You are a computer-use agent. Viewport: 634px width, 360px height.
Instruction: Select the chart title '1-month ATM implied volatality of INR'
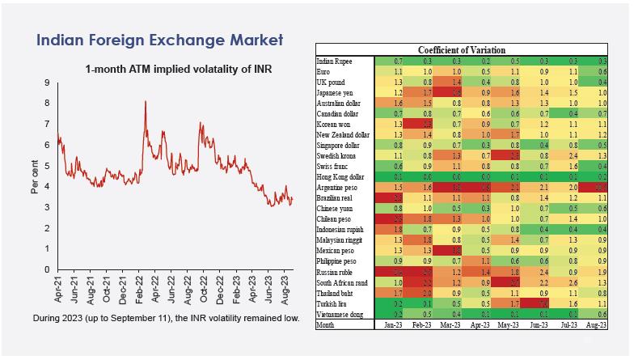click(177, 70)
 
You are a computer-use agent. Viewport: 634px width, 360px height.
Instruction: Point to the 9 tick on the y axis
click(48, 83)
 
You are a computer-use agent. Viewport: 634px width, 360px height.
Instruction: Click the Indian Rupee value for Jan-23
click(398, 61)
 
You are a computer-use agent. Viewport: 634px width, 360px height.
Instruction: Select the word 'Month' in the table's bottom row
click(326, 324)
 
